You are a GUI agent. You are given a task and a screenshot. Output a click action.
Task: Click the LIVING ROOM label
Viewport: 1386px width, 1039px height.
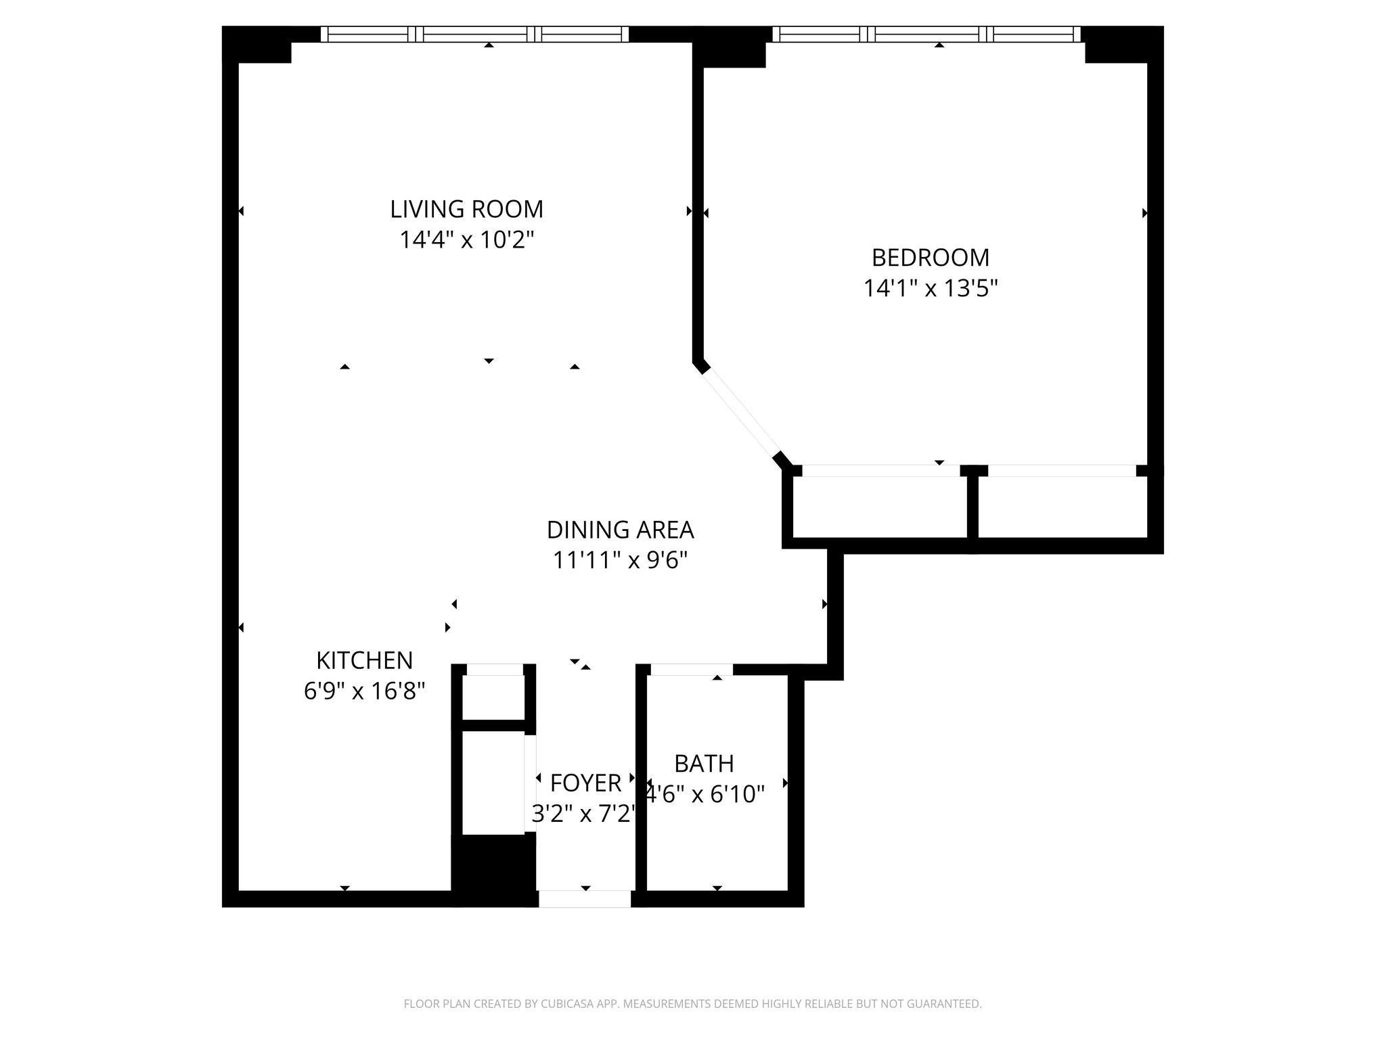466,209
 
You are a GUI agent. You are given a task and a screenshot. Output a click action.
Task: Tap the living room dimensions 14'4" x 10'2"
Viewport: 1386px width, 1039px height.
466,240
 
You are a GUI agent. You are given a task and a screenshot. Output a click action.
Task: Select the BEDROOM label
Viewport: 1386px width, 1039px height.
930,258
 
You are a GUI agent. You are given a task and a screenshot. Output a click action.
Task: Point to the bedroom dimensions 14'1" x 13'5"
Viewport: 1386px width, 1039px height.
930,289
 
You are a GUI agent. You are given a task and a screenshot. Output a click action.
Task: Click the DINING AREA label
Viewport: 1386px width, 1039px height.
620,530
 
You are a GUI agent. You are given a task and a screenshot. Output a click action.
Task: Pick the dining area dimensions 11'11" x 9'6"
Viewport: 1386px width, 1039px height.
620,561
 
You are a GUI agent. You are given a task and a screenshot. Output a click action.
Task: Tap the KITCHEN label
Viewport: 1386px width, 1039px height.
364,660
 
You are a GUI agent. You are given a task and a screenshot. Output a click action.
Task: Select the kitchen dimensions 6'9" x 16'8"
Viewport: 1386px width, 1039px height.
364,691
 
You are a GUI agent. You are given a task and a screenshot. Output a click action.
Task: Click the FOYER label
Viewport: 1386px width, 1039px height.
585,783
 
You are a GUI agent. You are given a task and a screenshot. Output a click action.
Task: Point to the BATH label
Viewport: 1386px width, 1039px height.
704,764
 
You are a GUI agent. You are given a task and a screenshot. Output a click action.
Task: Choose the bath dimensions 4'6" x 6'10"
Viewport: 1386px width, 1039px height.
705,794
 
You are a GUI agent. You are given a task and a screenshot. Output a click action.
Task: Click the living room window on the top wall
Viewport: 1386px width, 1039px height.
474,34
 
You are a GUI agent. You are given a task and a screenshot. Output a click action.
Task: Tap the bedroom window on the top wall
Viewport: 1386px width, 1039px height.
926,34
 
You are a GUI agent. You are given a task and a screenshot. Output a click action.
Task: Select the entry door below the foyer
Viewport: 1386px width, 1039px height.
585,899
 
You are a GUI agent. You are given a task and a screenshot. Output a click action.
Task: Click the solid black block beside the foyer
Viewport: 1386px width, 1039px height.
493,869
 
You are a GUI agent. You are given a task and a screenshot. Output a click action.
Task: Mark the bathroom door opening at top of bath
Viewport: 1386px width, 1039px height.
691,670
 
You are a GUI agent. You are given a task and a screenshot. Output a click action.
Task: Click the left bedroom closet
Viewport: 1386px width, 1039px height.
880,507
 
